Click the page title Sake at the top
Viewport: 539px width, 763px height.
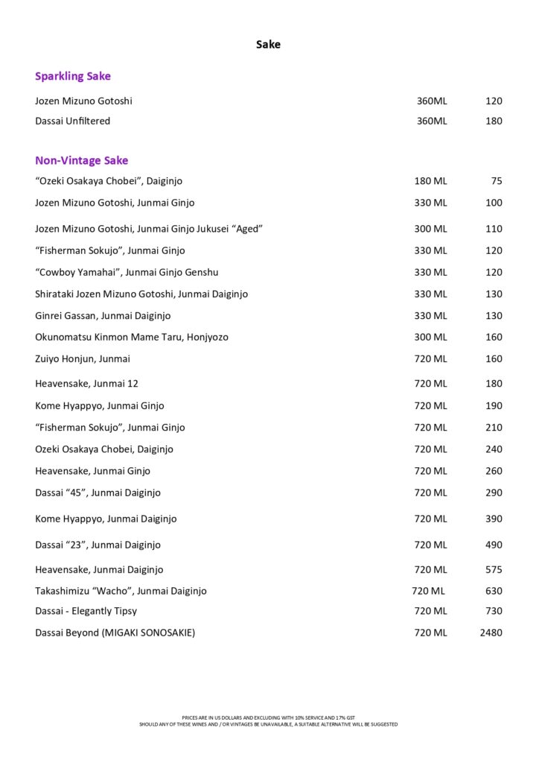(268, 45)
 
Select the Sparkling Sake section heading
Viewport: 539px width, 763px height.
(73, 76)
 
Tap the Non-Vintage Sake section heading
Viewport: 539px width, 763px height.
(81, 160)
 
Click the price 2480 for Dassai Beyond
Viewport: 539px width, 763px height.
(491, 633)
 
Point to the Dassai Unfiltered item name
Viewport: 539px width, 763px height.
(72, 121)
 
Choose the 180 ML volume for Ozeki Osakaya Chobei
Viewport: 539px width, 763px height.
(430, 181)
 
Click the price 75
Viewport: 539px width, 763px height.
(497, 181)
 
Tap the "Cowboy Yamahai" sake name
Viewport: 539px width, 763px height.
(127, 272)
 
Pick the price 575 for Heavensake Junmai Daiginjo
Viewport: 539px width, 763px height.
(494, 569)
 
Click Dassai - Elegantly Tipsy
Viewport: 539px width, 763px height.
(86, 611)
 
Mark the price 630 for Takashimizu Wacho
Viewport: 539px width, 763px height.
(494, 591)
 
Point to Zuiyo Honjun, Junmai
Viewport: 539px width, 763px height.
(83, 358)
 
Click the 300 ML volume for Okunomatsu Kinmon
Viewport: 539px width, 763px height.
(430, 337)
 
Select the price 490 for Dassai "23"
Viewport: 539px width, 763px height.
(494, 545)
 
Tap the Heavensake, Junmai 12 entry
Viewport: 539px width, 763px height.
(86, 384)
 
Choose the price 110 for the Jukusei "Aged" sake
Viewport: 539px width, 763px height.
(494, 229)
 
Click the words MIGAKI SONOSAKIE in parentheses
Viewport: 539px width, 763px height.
(149, 633)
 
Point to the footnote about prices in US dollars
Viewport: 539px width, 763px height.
(268, 718)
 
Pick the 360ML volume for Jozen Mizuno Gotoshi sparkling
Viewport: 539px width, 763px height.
(432, 101)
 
